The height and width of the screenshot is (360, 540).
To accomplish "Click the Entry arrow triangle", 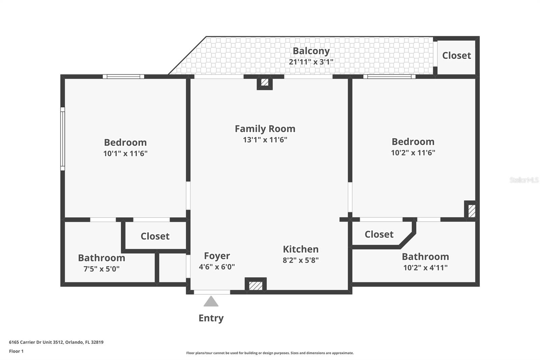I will [211, 302].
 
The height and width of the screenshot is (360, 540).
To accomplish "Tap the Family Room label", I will [265, 129].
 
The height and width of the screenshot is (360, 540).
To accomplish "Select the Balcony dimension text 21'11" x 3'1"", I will [311, 62].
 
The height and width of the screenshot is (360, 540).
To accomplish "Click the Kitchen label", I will [300, 249].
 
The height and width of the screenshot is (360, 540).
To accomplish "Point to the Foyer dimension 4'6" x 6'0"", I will [217, 267].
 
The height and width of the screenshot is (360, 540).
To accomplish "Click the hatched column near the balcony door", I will [265, 82].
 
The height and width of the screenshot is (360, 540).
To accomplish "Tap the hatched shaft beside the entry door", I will [255, 286].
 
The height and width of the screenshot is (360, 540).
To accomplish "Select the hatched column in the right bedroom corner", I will [471, 211].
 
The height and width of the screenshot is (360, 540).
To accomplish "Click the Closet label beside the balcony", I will [456, 55].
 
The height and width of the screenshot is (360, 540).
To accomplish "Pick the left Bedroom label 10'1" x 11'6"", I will [125, 143].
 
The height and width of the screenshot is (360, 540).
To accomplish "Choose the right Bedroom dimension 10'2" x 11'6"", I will [413, 153].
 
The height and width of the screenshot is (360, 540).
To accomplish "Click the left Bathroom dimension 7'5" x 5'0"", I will [101, 269].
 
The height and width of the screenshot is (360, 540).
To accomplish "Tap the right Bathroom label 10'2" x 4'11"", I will [425, 257].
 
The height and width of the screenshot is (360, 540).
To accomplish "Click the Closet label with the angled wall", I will [379, 234].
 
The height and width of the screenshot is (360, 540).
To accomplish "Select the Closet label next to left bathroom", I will [155, 236].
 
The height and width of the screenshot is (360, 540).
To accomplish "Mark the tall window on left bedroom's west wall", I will [62, 139].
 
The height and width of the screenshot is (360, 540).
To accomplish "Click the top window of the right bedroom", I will [389, 77].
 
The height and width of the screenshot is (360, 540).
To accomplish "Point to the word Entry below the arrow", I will [211, 318].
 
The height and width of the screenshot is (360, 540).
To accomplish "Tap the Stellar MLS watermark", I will [524, 180].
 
